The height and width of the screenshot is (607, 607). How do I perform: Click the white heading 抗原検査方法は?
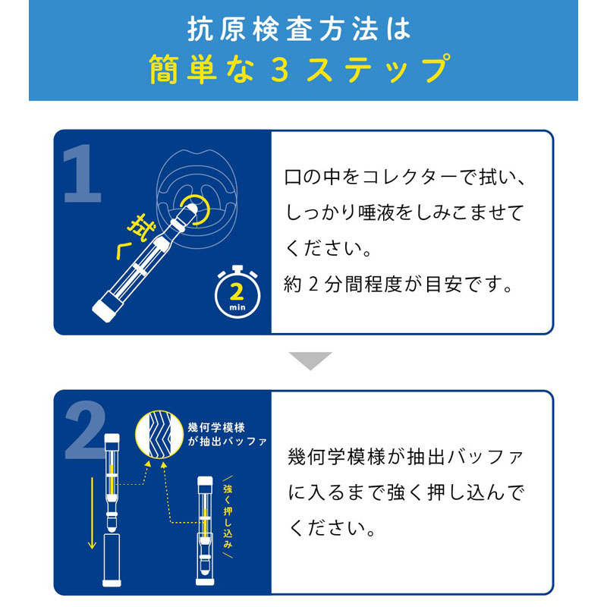click(x=298, y=29)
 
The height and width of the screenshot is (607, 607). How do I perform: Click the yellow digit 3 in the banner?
click(x=280, y=69)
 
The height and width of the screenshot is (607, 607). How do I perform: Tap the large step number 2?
click(x=84, y=429)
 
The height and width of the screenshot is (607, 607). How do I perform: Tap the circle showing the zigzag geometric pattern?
click(x=159, y=434)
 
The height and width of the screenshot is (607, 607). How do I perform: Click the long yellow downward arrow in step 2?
click(x=92, y=513)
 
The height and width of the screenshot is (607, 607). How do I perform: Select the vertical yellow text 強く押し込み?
click(x=228, y=516)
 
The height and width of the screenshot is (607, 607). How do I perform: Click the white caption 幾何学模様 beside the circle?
click(x=216, y=427)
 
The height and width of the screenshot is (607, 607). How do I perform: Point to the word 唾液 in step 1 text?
click(x=376, y=212)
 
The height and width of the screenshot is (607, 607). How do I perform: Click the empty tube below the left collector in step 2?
click(x=112, y=560)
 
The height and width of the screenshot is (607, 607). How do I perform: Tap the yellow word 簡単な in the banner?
click(x=201, y=69)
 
